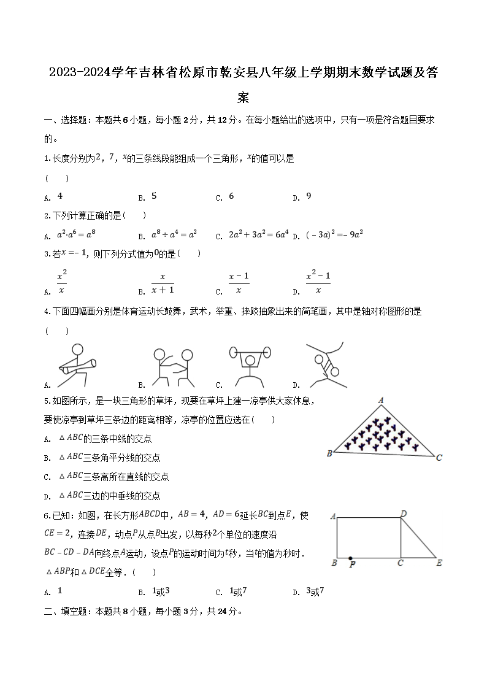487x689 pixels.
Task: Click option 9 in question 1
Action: [x=309, y=196]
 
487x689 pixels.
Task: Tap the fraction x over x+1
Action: [x=163, y=283]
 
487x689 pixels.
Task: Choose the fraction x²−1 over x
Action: [x=318, y=283]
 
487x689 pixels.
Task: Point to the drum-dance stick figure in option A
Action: [x=76, y=366]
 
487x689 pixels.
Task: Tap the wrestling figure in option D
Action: [x=326, y=365]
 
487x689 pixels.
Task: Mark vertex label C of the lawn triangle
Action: [x=439, y=458]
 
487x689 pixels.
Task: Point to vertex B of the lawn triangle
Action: [x=329, y=453]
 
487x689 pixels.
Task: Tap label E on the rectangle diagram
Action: [x=439, y=562]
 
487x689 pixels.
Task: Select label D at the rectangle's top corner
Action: [x=403, y=514]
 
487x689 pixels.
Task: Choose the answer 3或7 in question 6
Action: [x=315, y=591]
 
